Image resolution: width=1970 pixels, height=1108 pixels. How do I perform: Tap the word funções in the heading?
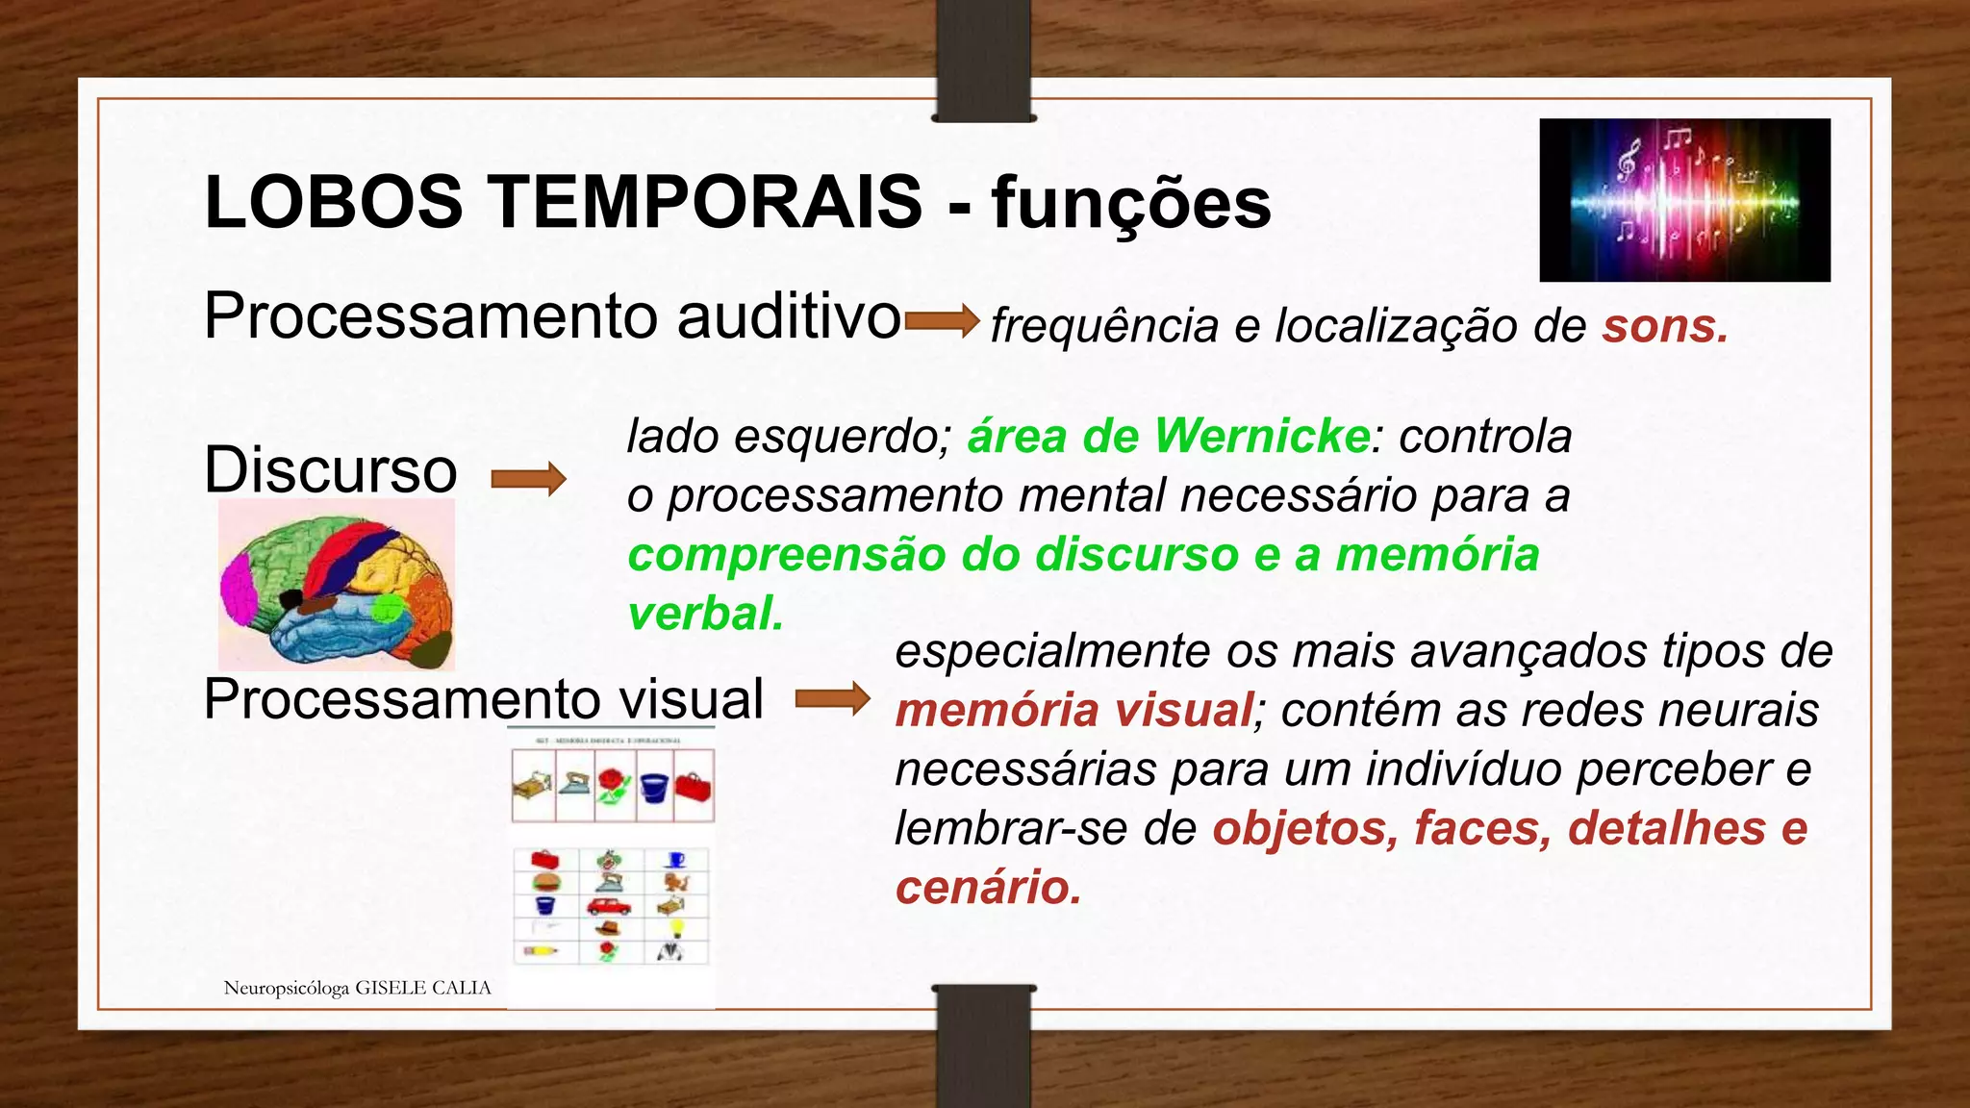pyautogui.click(x=1131, y=204)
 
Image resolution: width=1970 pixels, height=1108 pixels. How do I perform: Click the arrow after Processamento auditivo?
pyautogui.click(x=942, y=320)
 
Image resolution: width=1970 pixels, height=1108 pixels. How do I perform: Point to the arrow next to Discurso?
pyautogui.click(x=528, y=478)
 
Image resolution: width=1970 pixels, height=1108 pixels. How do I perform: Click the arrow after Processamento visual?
pyautogui.click(x=833, y=698)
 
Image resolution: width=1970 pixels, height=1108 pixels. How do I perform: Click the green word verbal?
pyautogui.click(x=706, y=614)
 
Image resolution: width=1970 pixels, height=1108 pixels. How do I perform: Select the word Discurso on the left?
pyautogui.click(x=330, y=470)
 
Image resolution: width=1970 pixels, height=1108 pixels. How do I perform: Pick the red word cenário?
pyautogui.click(x=988, y=887)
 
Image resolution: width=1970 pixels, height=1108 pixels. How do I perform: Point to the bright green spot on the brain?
pyautogui.click(x=389, y=608)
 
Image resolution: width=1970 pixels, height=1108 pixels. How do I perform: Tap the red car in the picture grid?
pyautogui.click(x=609, y=906)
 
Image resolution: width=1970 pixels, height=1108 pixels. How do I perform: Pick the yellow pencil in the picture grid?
pyautogui.click(x=541, y=951)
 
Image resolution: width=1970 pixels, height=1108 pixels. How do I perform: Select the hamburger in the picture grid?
pyautogui.click(x=545, y=882)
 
